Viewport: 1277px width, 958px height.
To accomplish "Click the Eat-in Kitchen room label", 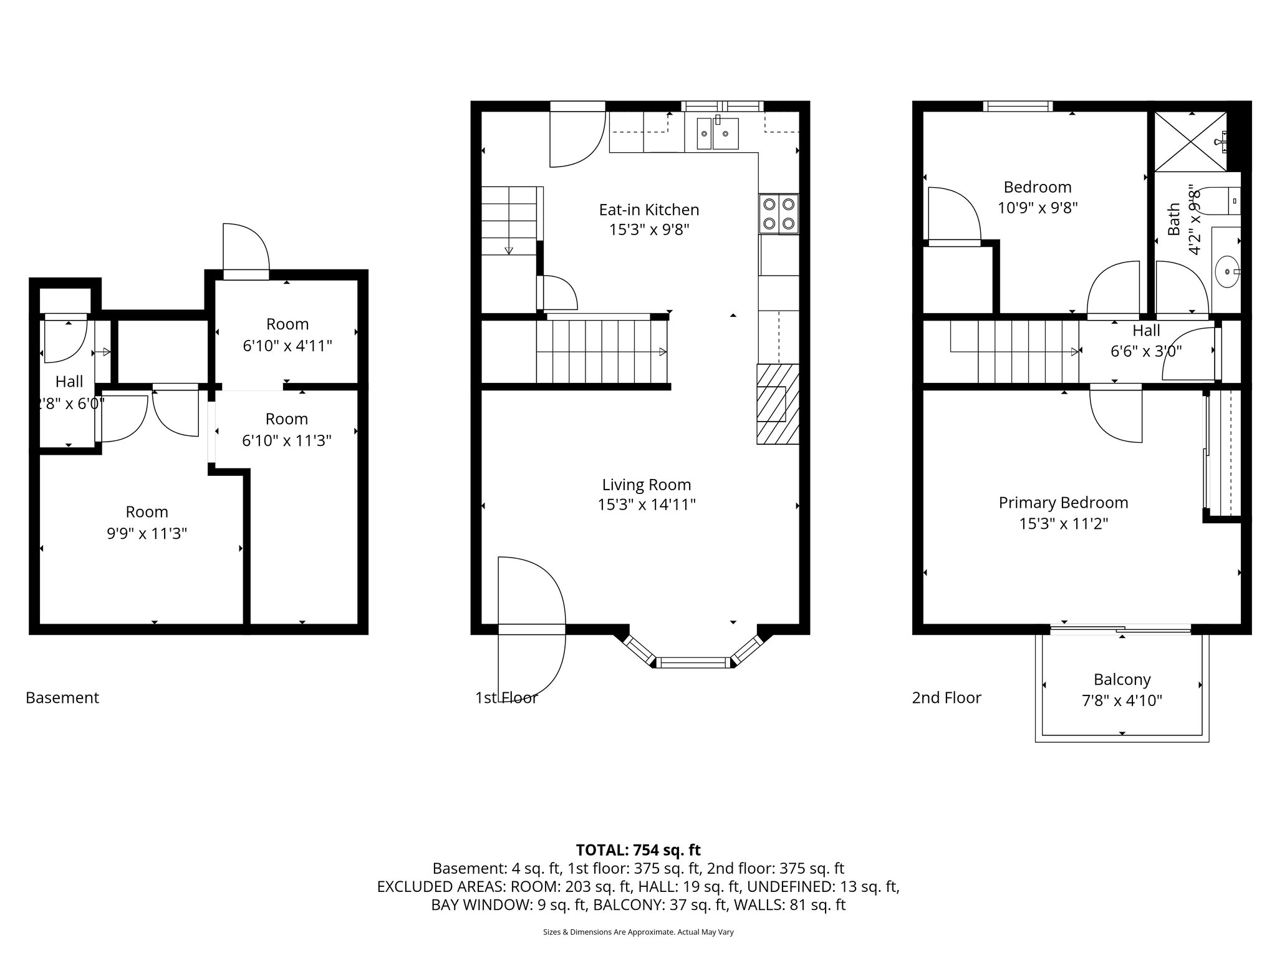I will [x=648, y=210].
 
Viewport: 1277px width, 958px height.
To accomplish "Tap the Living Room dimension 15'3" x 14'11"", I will [x=647, y=505].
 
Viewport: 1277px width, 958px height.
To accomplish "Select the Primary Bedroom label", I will [x=1063, y=503].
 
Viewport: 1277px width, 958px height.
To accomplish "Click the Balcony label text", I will [x=1122, y=679].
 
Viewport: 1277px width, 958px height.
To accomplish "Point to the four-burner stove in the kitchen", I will [x=779, y=214].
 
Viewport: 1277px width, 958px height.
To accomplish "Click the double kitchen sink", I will [x=718, y=133].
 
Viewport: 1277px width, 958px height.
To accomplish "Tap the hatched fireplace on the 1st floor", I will [x=778, y=404].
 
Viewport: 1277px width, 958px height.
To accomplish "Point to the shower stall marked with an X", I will [x=1190, y=142].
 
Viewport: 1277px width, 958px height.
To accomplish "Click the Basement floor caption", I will [x=62, y=697].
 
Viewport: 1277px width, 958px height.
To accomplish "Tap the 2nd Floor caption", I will [x=946, y=697].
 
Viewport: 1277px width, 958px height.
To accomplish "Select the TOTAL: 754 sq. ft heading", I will [x=638, y=850].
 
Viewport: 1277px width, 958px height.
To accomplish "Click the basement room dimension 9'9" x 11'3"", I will [x=147, y=533].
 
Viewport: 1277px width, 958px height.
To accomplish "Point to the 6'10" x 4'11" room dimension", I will [x=287, y=346].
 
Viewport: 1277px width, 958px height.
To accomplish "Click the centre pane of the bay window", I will [x=693, y=662].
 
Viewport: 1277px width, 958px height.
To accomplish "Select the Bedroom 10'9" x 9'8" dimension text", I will [x=1038, y=208].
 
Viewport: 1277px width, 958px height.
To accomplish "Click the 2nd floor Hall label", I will [x=1146, y=331].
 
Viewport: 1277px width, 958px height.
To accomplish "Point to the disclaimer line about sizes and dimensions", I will [x=638, y=932].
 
